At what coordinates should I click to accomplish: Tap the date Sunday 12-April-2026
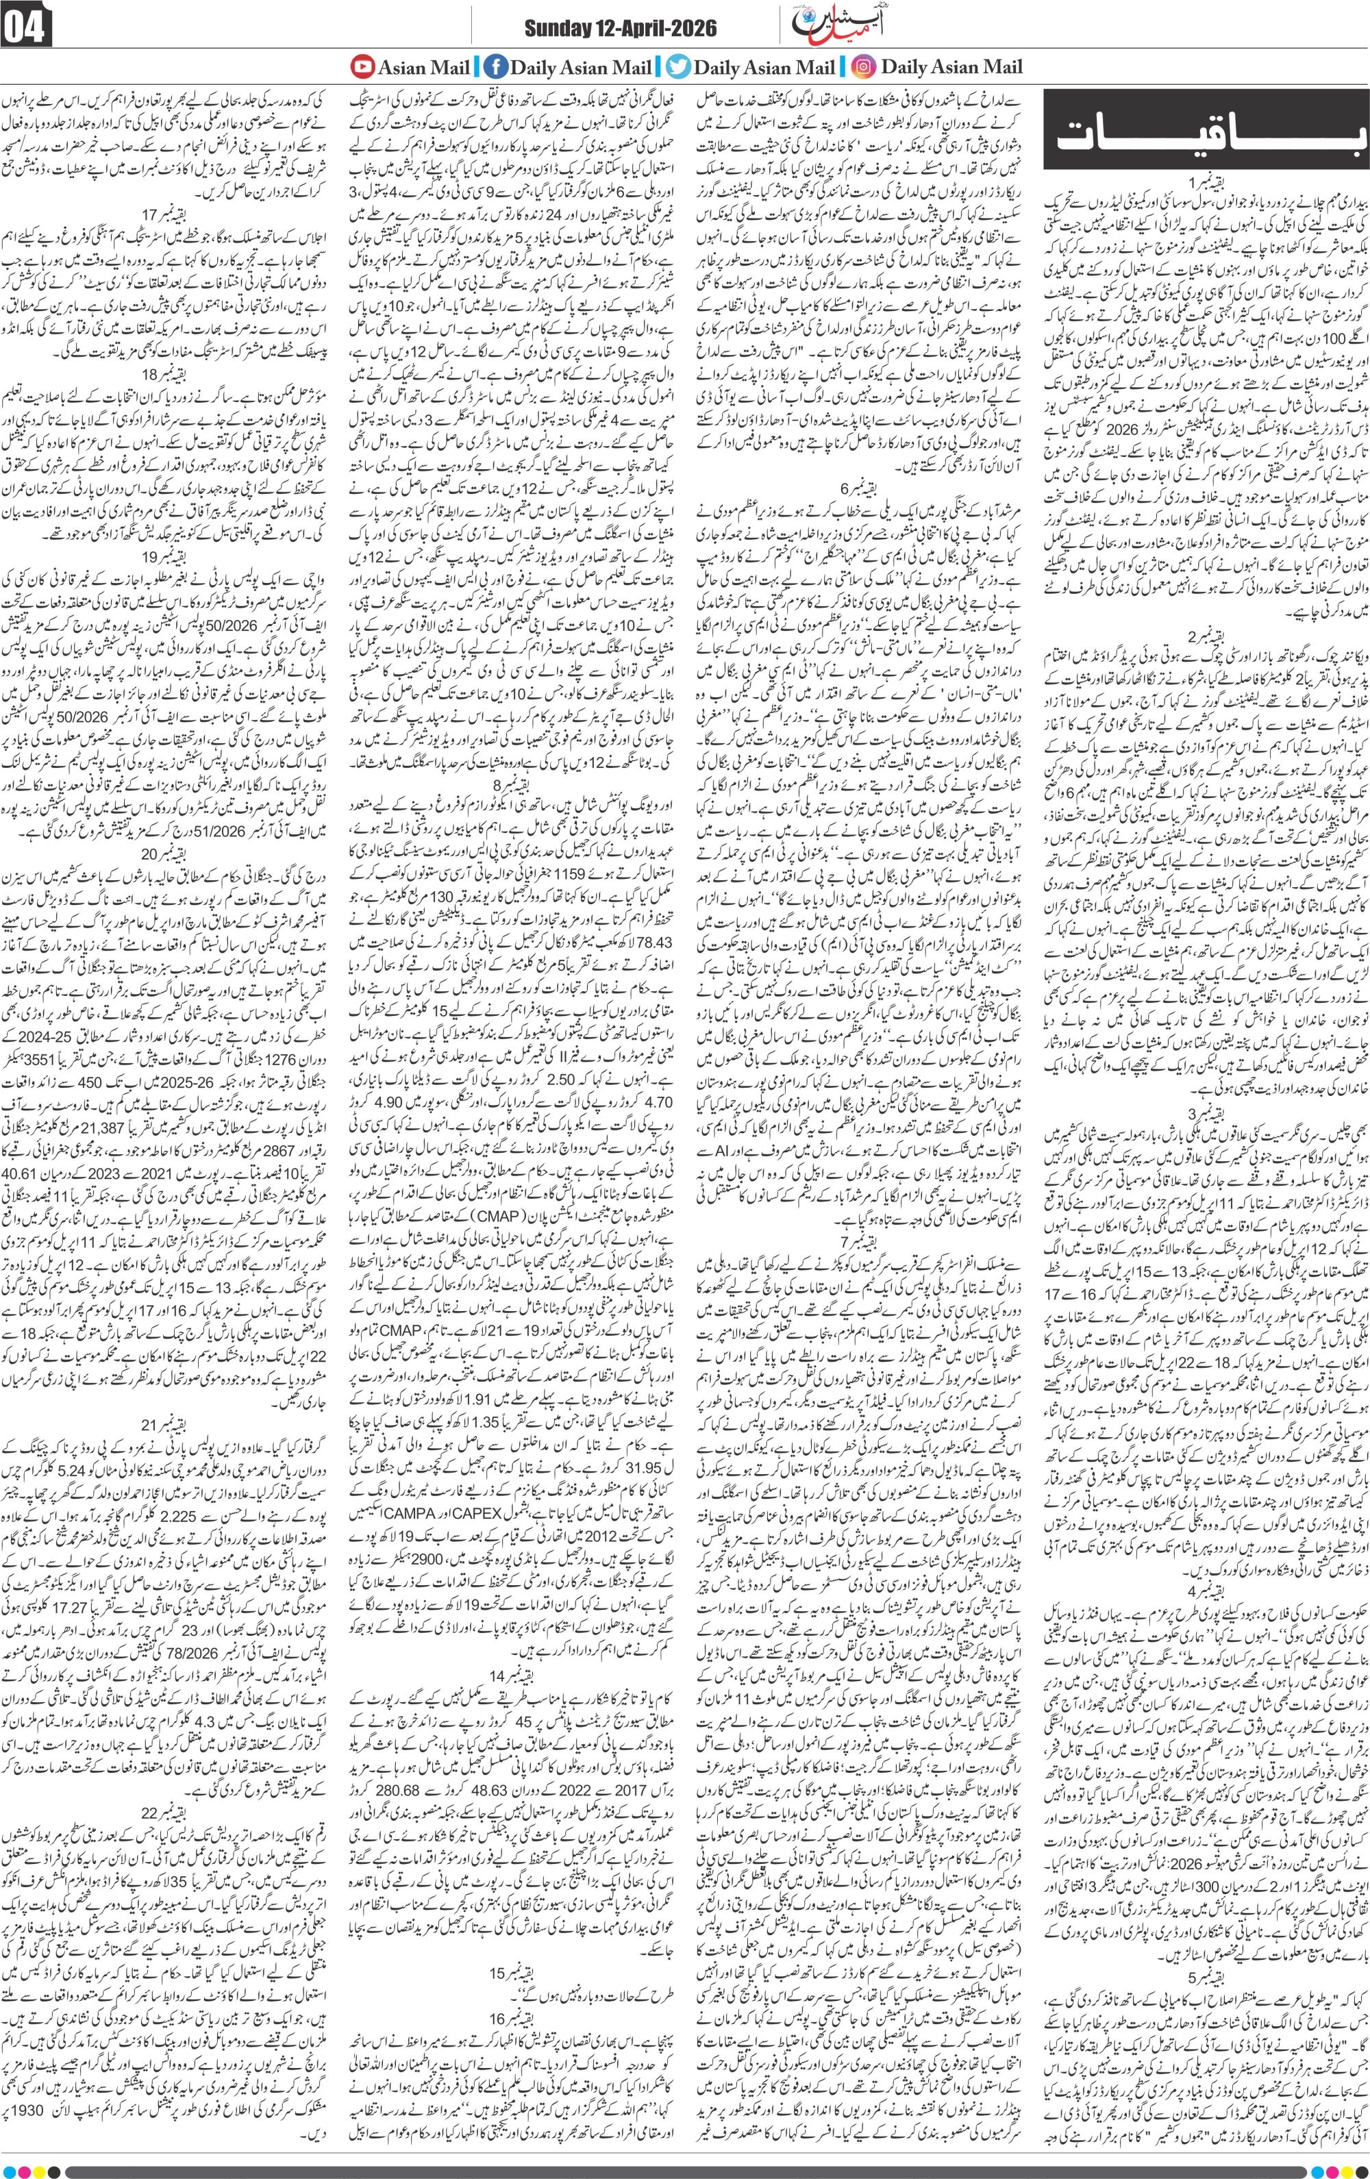(620, 29)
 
